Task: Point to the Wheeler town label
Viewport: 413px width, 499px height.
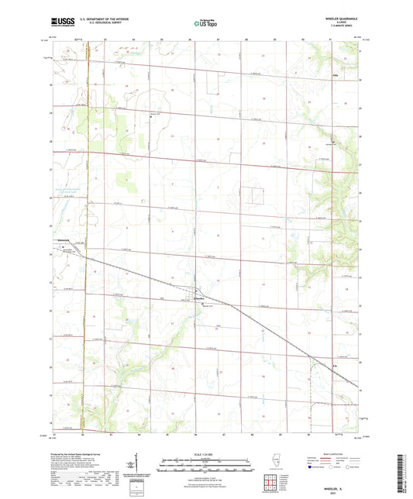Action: click(198, 298)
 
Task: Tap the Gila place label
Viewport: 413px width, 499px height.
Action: click(336, 75)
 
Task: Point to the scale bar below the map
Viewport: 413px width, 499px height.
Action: click(206, 460)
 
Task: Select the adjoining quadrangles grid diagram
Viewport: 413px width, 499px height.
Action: click(270, 484)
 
